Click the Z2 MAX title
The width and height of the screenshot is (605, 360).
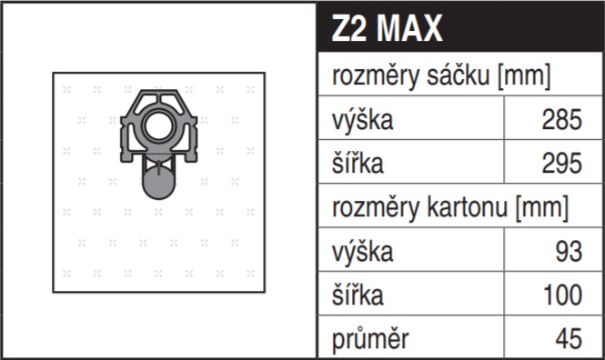click(x=387, y=28)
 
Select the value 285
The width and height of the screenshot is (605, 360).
click(x=562, y=119)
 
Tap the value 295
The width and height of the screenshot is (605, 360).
click(x=562, y=164)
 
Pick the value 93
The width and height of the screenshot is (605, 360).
click(x=569, y=251)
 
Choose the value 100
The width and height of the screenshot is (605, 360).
click(x=562, y=295)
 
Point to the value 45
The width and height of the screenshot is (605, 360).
click(x=569, y=339)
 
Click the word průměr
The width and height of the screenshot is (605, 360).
click(x=370, y=339)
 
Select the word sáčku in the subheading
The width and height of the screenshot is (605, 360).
click(x=458, y=75)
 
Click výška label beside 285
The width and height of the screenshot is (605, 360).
click(x=362, y=120)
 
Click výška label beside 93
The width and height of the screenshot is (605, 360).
click(x=362, y=252)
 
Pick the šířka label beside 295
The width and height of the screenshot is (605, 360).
click(x=358, y=163)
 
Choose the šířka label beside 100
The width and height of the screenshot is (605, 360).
click(x=358, y=295)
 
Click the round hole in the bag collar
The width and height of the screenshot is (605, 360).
click(x=158, y=125)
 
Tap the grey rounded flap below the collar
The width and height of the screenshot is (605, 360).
click(x=158, y=184)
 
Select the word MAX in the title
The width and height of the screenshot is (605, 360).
click(x=409, y=28)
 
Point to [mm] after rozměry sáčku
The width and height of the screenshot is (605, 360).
click(x=524, y=76)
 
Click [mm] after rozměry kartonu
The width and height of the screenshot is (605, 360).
click(x=541, y=208)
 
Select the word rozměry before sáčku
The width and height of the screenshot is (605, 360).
click(x=376, y=76)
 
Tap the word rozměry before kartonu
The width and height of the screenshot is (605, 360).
click(x=376, y=208)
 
